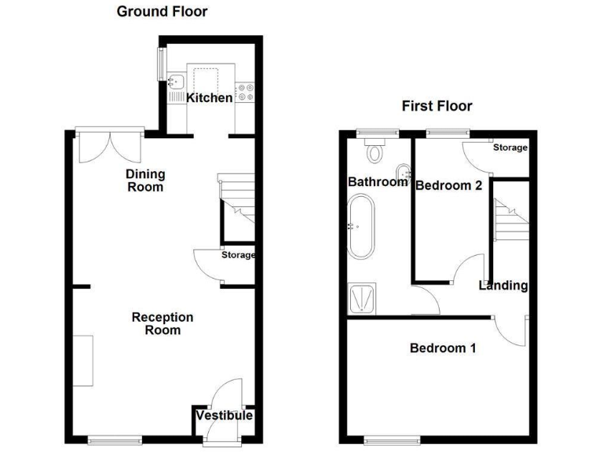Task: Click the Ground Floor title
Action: [x=162, y=12]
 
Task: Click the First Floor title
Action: [x=437, y=106]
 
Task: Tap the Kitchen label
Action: [x=209, y=98]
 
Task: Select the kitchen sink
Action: [x=175, y=81]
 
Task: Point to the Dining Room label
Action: [x=144, y=180]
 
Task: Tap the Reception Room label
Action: [x=162, y=323]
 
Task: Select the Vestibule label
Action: [x=224, y=415]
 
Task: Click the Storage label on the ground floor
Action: [x=238, y=255]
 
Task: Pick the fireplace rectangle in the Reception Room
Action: [x=83, y=360]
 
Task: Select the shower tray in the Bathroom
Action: [x=362, y=298]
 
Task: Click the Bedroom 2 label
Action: [x=448, y=186]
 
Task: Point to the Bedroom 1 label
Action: [x=443, y=348]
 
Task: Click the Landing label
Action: [x=503, y=286]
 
